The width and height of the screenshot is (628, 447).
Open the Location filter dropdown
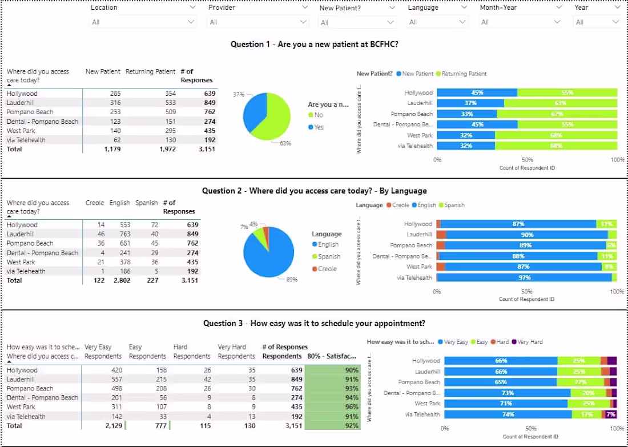click(143, 22)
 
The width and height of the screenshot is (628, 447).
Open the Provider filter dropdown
click(257, 22)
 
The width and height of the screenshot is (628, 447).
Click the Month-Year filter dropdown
click(520, 22)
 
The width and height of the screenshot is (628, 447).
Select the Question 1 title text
click(315, 44)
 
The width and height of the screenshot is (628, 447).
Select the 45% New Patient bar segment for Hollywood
click(477, 92)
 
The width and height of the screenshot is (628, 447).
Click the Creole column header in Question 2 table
click(95, 203)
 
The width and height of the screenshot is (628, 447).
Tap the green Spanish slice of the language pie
click(261, 233)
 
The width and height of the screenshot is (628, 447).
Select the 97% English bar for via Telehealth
click(524, 277)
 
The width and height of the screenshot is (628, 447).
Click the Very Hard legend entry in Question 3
click(529, 342)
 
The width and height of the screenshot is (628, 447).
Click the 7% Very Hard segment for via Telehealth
click(611, 414)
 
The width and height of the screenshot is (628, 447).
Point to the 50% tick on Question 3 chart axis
click(530, 428)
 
